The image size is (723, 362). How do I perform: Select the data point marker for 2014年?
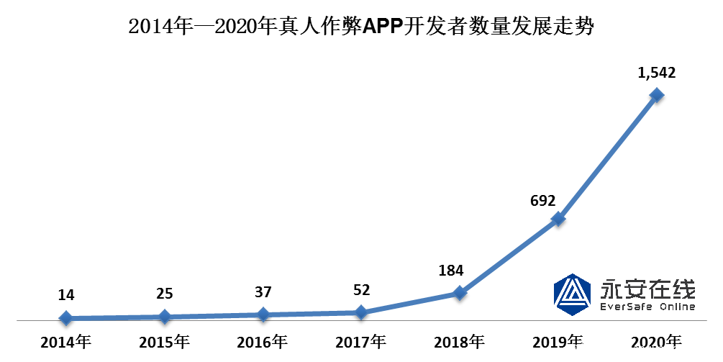(x=65, y=317)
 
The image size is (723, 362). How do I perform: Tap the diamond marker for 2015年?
(x=164, y=316)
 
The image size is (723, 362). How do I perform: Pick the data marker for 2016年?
(x=263, y=314)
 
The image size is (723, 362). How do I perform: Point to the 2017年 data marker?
(x=361, y=312)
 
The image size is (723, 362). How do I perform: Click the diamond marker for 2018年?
(x=460, y=293)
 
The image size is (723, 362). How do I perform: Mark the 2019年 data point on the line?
(x=558, y=219)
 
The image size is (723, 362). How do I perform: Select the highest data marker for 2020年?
(x=656, y=94)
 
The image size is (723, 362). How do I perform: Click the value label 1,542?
(x=656, y=73)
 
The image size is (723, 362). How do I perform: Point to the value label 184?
(x=450, y=271)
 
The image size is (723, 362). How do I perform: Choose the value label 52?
(x=361, y=290)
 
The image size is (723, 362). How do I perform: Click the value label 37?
(x=263, y=293)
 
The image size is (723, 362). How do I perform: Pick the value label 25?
(x=164, y=294)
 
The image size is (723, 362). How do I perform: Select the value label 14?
(x=65, y=295)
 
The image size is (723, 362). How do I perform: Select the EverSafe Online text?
(x=647, y=307)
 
